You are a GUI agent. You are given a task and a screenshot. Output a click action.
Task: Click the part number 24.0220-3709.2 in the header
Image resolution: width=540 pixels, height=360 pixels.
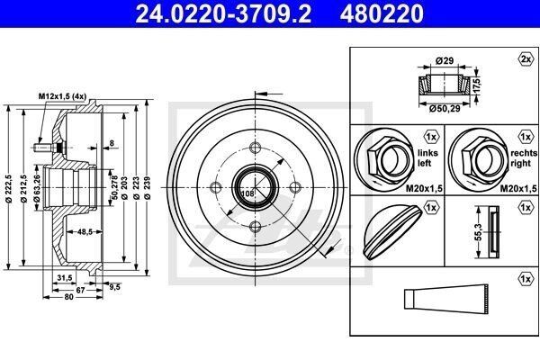pyautogui.click(x=223, y=13)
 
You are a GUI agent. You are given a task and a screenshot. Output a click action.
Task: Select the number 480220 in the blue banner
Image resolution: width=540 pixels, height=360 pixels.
pyautogui.click(x=382, y=13)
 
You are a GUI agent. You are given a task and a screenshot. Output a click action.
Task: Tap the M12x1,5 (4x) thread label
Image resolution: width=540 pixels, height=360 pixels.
pyautogui.click(x=62, y=96)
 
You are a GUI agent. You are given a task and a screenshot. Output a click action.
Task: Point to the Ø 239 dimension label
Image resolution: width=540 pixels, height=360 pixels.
pyautogui.click(x=148, y=187)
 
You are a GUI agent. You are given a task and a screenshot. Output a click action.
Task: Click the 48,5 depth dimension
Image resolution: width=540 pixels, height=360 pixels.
pyautogui.click(x=85, y=232)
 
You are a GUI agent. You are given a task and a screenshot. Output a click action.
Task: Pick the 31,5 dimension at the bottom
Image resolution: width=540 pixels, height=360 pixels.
pyautogui.click(x=65, y=278)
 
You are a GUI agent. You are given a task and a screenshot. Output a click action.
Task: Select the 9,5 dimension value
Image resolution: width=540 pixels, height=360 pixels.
pyautogui.click(x=114, y=286)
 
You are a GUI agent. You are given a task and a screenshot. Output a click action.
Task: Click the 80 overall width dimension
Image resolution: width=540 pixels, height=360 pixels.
pyautogui.click(x=69, y=297)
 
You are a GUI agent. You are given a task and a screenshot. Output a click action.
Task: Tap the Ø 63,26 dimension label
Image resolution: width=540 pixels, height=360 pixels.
pyautogui.click(x=37, y=188)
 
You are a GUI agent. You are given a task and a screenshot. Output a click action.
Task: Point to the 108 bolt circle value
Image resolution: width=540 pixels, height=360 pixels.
pyautogui.click(x=247, y=193)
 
